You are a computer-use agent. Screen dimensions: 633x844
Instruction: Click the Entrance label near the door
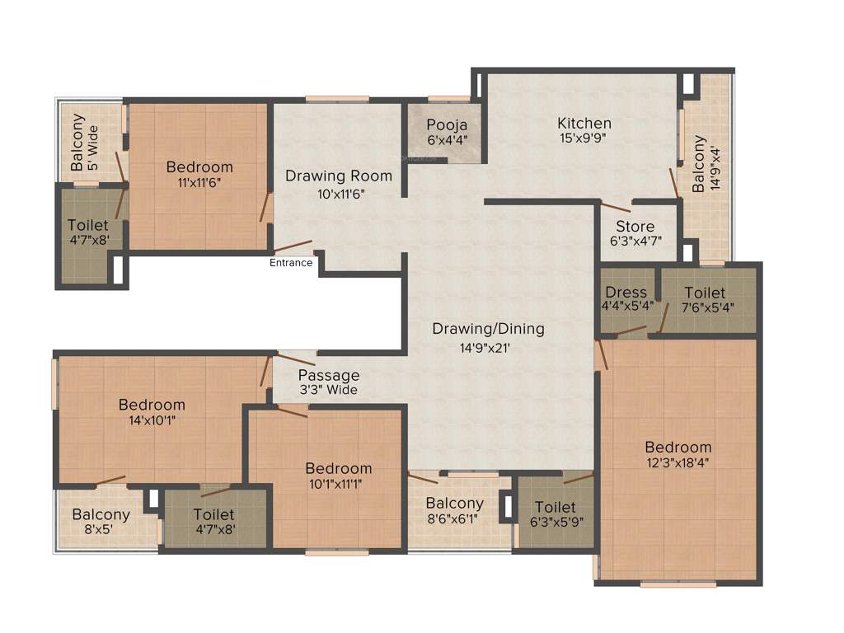(291, 263)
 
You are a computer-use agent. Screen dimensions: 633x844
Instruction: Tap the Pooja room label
(447, 125)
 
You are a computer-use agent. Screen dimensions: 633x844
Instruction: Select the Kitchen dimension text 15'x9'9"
(583, 138)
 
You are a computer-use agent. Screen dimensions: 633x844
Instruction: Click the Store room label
(635, 227)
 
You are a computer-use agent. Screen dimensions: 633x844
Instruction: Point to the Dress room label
(626, 293)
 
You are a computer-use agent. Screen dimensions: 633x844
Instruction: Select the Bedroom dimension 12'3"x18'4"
(678, 462)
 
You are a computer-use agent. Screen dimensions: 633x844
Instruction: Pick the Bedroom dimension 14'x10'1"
(152, 420)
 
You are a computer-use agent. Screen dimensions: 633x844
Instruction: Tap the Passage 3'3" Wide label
(328, 382)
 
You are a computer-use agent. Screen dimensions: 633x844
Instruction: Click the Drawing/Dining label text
(488, 329)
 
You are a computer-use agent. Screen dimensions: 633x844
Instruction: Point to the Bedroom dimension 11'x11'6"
(199, 182)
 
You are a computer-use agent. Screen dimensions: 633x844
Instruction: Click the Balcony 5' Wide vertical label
(85, 141)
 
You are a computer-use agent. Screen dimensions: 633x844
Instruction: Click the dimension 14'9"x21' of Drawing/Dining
(489, 348)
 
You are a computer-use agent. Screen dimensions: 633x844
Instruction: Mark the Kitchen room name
(584, 124)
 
